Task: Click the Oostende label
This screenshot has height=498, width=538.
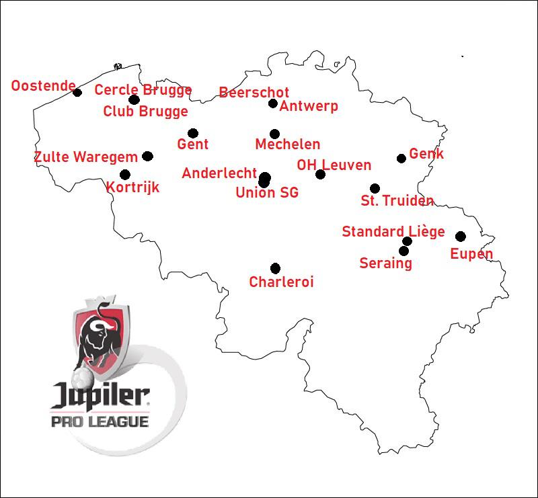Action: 43,86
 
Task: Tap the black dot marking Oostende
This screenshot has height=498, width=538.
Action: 77,93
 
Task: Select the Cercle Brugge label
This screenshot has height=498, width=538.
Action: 143,90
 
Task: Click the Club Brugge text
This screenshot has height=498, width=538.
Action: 145,112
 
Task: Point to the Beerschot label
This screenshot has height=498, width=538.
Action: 254,93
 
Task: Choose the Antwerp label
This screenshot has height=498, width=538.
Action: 309,106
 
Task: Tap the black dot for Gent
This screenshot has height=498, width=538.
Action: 193,133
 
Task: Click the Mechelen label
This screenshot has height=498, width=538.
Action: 287,144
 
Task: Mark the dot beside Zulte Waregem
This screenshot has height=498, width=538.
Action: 148,157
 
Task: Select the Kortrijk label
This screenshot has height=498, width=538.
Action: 133,188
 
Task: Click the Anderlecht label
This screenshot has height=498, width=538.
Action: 219,173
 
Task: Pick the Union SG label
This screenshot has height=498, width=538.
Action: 267,194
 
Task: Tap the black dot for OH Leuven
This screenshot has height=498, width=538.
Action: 320,175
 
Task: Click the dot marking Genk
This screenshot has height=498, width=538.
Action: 401,159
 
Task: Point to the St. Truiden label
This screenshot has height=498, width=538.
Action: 397,201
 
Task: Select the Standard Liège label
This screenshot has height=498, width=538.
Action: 393,232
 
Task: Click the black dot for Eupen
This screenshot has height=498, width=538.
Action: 461,237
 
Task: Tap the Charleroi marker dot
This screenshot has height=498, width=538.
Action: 275,268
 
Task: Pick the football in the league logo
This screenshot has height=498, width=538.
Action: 81,377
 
